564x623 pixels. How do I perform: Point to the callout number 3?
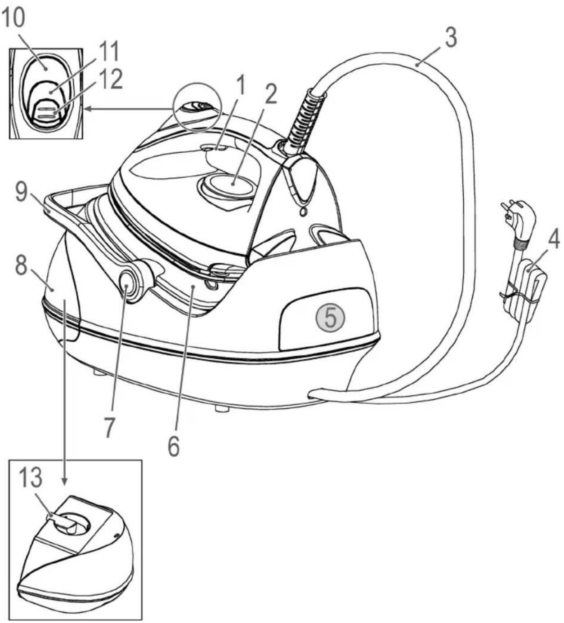pyautogui.click(x=450, y=37)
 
